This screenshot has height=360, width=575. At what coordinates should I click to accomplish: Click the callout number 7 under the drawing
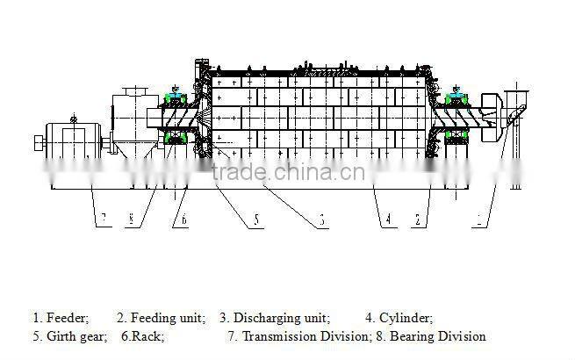point(103,219)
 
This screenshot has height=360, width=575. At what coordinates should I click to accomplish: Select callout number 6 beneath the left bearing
point(184,221)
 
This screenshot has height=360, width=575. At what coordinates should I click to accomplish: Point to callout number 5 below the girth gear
point(256,221)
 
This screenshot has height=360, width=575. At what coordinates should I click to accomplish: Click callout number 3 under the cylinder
point(322,221)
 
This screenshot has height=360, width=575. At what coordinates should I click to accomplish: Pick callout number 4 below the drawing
point(386,220)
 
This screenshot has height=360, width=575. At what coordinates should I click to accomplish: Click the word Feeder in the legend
point(67,319)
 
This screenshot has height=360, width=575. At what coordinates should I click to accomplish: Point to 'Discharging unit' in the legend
point(280,319)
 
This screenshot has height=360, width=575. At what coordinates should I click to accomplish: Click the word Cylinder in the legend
point(406,319)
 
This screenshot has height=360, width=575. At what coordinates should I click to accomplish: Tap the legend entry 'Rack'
point(149,336)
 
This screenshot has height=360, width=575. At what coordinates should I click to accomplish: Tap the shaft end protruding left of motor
point(36,143)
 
